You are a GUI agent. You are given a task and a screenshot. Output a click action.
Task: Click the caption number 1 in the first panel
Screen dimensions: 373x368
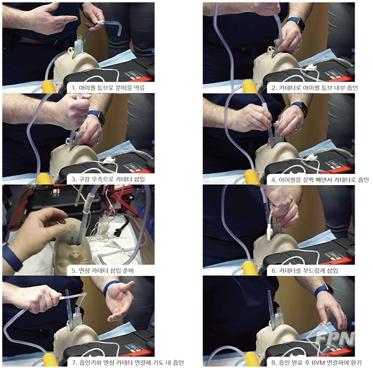74,88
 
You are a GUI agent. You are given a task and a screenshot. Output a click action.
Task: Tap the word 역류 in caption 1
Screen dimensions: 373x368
139,88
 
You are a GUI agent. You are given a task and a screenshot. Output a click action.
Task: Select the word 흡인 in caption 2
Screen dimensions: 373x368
352,88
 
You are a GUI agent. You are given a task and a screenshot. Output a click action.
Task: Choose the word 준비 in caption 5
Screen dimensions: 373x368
128,271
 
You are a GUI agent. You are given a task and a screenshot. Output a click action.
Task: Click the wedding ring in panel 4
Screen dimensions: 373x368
296,128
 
